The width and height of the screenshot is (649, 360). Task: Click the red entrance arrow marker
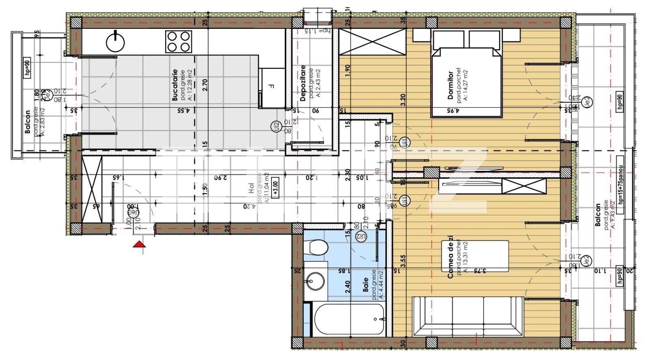[x=139, y=244]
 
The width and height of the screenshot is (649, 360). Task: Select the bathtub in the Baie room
[x=349, y=319]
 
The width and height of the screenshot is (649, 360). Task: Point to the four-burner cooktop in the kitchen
[x=178, y=41]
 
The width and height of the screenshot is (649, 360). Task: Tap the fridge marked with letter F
[x=272, y=87]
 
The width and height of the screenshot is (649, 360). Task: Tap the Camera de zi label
[x=450, y=260]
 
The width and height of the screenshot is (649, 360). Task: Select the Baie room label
[x=366, y=285]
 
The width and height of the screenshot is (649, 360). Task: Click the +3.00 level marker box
[x=276, y=187]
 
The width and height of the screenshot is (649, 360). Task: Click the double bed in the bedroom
[x=467, y=81]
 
